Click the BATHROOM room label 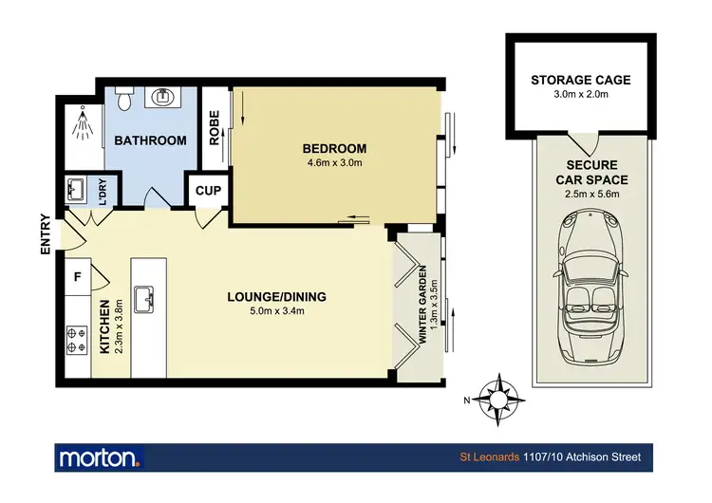click(x=150, y=140)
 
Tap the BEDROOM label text click(x=334, y=148)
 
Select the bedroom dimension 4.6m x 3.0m click(x=334, y=162)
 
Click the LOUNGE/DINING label click(x=276, y=296)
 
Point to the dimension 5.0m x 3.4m click(x=276, y=310)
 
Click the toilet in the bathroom click(x=122, y=98)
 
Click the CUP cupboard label click(x=208, y=190)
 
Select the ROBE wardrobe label click(x=215, y=129)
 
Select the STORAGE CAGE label click(x=580, y=80)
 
